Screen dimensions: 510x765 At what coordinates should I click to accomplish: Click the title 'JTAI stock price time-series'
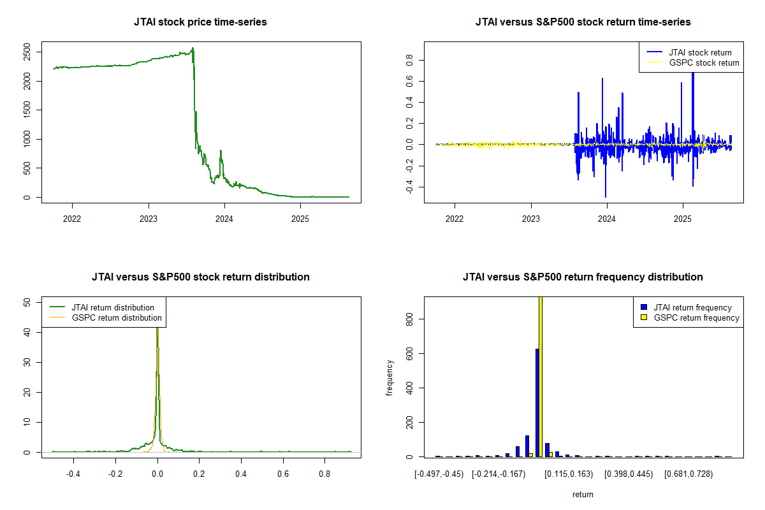point(200,22)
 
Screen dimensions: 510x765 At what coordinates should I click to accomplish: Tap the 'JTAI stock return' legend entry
point(700,52)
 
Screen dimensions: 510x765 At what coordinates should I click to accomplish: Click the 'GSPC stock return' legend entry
point(704,62)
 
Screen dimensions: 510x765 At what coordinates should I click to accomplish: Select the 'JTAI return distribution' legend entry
point(113,307)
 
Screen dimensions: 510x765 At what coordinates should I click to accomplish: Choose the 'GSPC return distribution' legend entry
point(117,317)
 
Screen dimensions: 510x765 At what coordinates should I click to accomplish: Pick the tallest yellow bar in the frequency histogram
point(541,376)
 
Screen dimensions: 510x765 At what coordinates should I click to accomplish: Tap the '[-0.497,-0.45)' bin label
point(438,474)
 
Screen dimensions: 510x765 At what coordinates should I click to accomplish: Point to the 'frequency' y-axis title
point(390,378)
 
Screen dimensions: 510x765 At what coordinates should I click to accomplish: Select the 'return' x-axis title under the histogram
point(583,494)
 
